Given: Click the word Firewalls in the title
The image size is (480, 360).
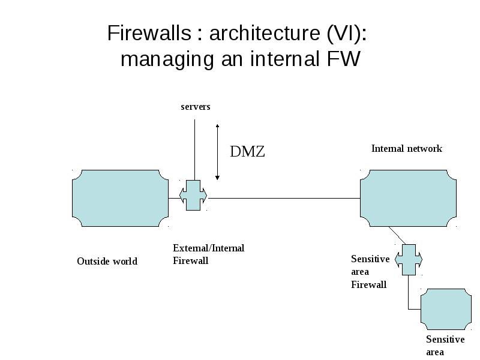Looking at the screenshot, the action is [x=149, y=33].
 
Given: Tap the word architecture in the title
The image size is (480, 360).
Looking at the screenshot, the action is [x=265, y=33].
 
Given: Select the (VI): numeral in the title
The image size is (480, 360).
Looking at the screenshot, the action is [x=347, y=34].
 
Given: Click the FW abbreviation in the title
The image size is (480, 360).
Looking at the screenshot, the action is [x=343, y=59].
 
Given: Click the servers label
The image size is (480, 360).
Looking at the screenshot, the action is [x=196, y=107].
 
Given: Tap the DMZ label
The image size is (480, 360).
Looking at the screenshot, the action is [x=247, y=151].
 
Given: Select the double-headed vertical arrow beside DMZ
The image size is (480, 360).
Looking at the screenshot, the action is [x=217, y=152].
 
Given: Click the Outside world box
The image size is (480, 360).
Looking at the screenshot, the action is [x=121, y=198].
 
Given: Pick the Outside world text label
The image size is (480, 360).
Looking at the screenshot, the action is [x=107, y=261].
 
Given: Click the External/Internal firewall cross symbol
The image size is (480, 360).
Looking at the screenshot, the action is [x=193, y=196].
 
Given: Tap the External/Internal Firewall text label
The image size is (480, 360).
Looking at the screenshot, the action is [x=208, y=254].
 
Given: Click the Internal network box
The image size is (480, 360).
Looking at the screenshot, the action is [x=408, y=198].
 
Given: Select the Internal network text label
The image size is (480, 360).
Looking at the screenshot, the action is [x=407, y=148].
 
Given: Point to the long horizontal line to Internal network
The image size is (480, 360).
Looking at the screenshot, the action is [x=284, y=199].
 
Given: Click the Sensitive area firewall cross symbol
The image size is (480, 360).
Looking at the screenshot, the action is [x=409, y=260].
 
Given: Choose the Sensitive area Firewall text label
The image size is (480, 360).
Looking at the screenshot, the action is [x=370, y=272].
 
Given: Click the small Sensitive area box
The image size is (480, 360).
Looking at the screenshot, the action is [x=446, y=309].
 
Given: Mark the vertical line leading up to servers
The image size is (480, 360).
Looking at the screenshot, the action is [x=194, y=149].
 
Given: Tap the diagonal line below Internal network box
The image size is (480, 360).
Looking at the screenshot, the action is [x=397, y=235].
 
